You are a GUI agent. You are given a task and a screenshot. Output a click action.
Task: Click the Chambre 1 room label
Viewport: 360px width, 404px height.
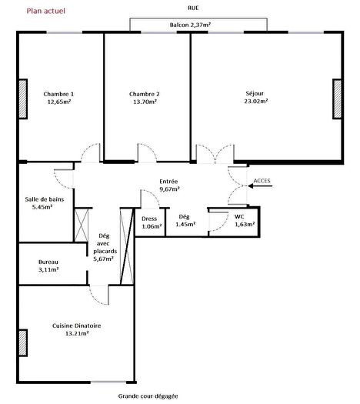point(59,94)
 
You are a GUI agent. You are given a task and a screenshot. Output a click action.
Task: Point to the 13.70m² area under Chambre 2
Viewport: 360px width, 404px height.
point(145,102)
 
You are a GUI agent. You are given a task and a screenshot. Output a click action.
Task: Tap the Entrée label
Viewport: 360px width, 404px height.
point(169,180)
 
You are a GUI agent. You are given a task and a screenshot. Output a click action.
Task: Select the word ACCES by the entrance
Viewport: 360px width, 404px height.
point(262,182)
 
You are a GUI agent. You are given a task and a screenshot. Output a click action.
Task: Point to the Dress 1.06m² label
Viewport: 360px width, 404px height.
point(152,222)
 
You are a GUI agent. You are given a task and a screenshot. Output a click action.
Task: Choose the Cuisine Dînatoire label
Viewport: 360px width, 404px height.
point(77,326)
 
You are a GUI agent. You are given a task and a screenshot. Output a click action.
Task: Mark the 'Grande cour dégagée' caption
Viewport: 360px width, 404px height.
point(148,396)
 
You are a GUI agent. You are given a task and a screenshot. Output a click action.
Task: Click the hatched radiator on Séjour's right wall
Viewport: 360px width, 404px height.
point(336,98)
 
